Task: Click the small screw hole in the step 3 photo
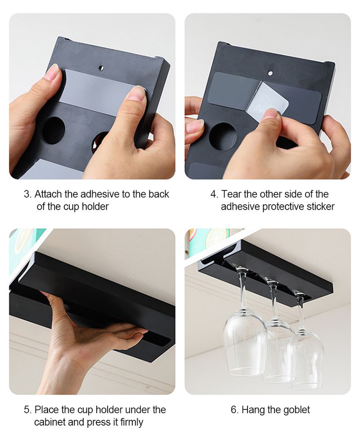click(x=101, y=67)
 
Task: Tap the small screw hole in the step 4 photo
click(x=270, y=73)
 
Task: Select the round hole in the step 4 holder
click(x=222, y=137)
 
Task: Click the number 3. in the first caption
click(x=28, y=194)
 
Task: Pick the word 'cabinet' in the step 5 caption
click(x=50, y=422)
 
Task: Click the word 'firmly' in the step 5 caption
click(x=131, y=423)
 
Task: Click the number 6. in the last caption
click(x=234, y=410)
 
